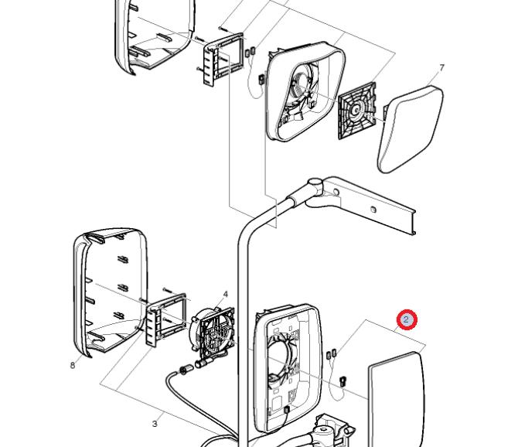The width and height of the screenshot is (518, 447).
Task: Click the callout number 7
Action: pyautogui.click(x=441, y=68)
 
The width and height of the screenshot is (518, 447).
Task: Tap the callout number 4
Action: pyautogui.click(x=225, y=295)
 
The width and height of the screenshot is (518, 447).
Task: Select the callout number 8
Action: pyautogui.click(x=73, y=365)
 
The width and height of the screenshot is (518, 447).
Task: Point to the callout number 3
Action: pyautogui.click(x=155, y=423)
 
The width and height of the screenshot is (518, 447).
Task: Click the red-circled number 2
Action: pyautogui.click(x=407, y=319)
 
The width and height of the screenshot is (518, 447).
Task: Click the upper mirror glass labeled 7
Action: pyautogui.click(x=410, y=129)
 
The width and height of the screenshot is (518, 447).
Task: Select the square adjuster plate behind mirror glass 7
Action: pyautogui.click(x=358, y=111)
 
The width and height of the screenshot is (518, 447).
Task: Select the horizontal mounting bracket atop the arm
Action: pyautogui.click(x=371, y=204)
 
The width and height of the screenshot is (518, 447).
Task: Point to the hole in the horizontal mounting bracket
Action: pyautogui.click(x=374, y=210)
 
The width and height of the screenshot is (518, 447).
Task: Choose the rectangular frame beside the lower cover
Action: pyautogui.click(x=163, y=316)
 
